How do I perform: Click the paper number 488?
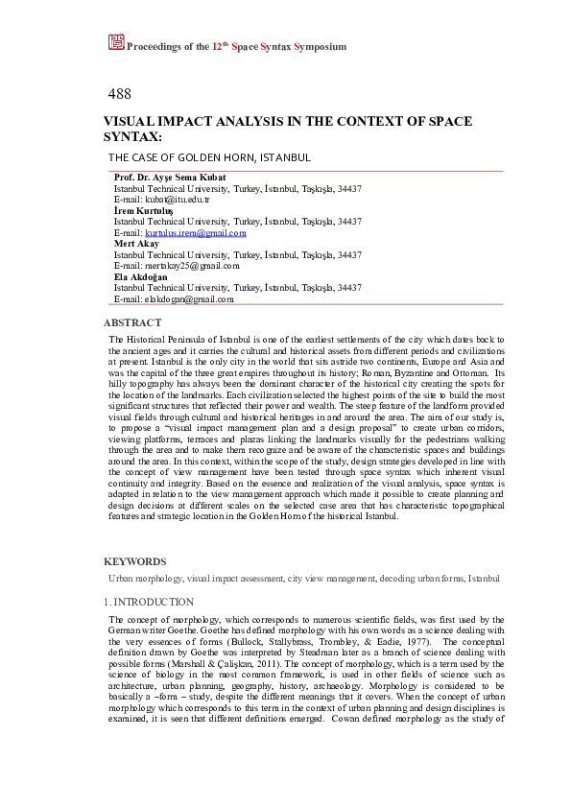coord(120,93)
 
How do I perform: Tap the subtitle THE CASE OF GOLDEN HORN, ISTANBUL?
coord(209,157)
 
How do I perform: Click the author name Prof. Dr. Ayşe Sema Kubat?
coord(170,178)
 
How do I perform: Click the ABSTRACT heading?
coord(132,323)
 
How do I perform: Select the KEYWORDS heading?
coord(134,561)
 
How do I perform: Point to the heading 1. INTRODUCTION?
coord(149,602)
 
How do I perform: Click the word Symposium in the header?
coord(321,46)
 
